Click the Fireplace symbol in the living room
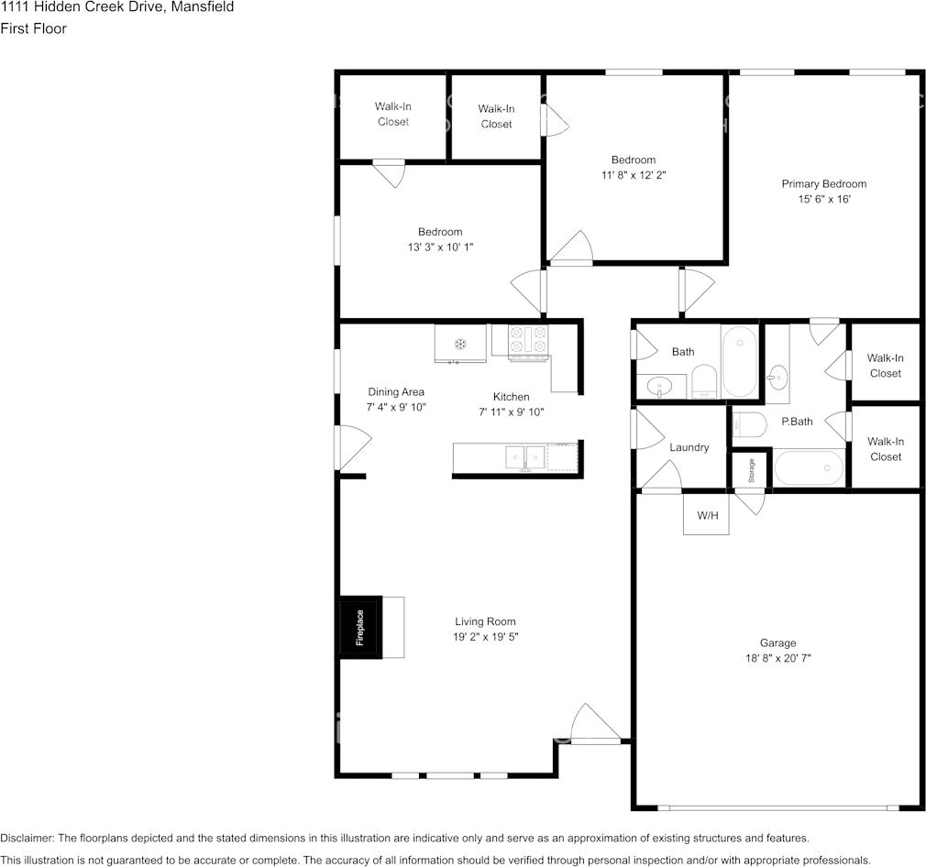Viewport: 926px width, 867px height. [361, 628]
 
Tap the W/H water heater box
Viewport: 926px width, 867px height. [706, 515]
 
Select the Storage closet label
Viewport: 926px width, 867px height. [752, 471]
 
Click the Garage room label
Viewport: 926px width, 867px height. [777, 642]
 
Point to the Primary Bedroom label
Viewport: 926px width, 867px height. [824, 183]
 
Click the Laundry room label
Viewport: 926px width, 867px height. [689, 447]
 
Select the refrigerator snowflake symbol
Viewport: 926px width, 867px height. [460, 344]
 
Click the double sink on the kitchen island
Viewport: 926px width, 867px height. [525, 457]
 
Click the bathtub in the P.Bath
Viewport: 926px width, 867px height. [809, 468]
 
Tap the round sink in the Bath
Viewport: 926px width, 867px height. [659, 387]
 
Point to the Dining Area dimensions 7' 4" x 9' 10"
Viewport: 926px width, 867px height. [396, 407]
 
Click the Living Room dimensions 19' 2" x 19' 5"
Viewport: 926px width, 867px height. [485, 636]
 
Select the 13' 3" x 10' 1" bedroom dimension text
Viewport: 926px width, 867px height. [440, 247]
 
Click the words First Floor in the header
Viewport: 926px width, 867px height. [34, 28]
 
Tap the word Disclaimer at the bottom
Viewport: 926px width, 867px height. [28, 838]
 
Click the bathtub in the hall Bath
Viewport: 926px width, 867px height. [739, 361]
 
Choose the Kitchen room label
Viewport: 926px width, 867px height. [511, 397]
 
